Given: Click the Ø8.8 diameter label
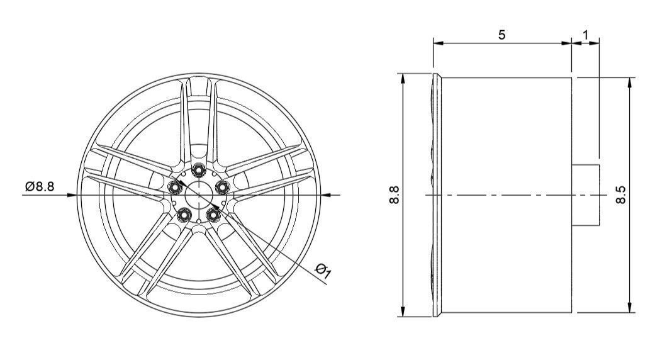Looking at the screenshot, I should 39,186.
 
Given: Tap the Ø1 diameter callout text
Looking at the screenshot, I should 323,272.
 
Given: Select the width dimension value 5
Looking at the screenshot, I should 501,35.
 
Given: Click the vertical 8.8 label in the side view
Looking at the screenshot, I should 395,195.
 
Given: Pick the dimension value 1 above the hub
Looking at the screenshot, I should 585,35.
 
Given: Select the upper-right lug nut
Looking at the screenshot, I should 222,187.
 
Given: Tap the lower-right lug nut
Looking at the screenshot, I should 213,215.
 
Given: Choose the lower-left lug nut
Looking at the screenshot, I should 185,215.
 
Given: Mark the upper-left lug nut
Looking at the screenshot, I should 176,187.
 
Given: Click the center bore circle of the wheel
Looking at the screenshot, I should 199,195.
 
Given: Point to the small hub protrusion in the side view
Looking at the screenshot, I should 585,195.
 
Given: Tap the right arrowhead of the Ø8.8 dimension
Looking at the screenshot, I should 326,195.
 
